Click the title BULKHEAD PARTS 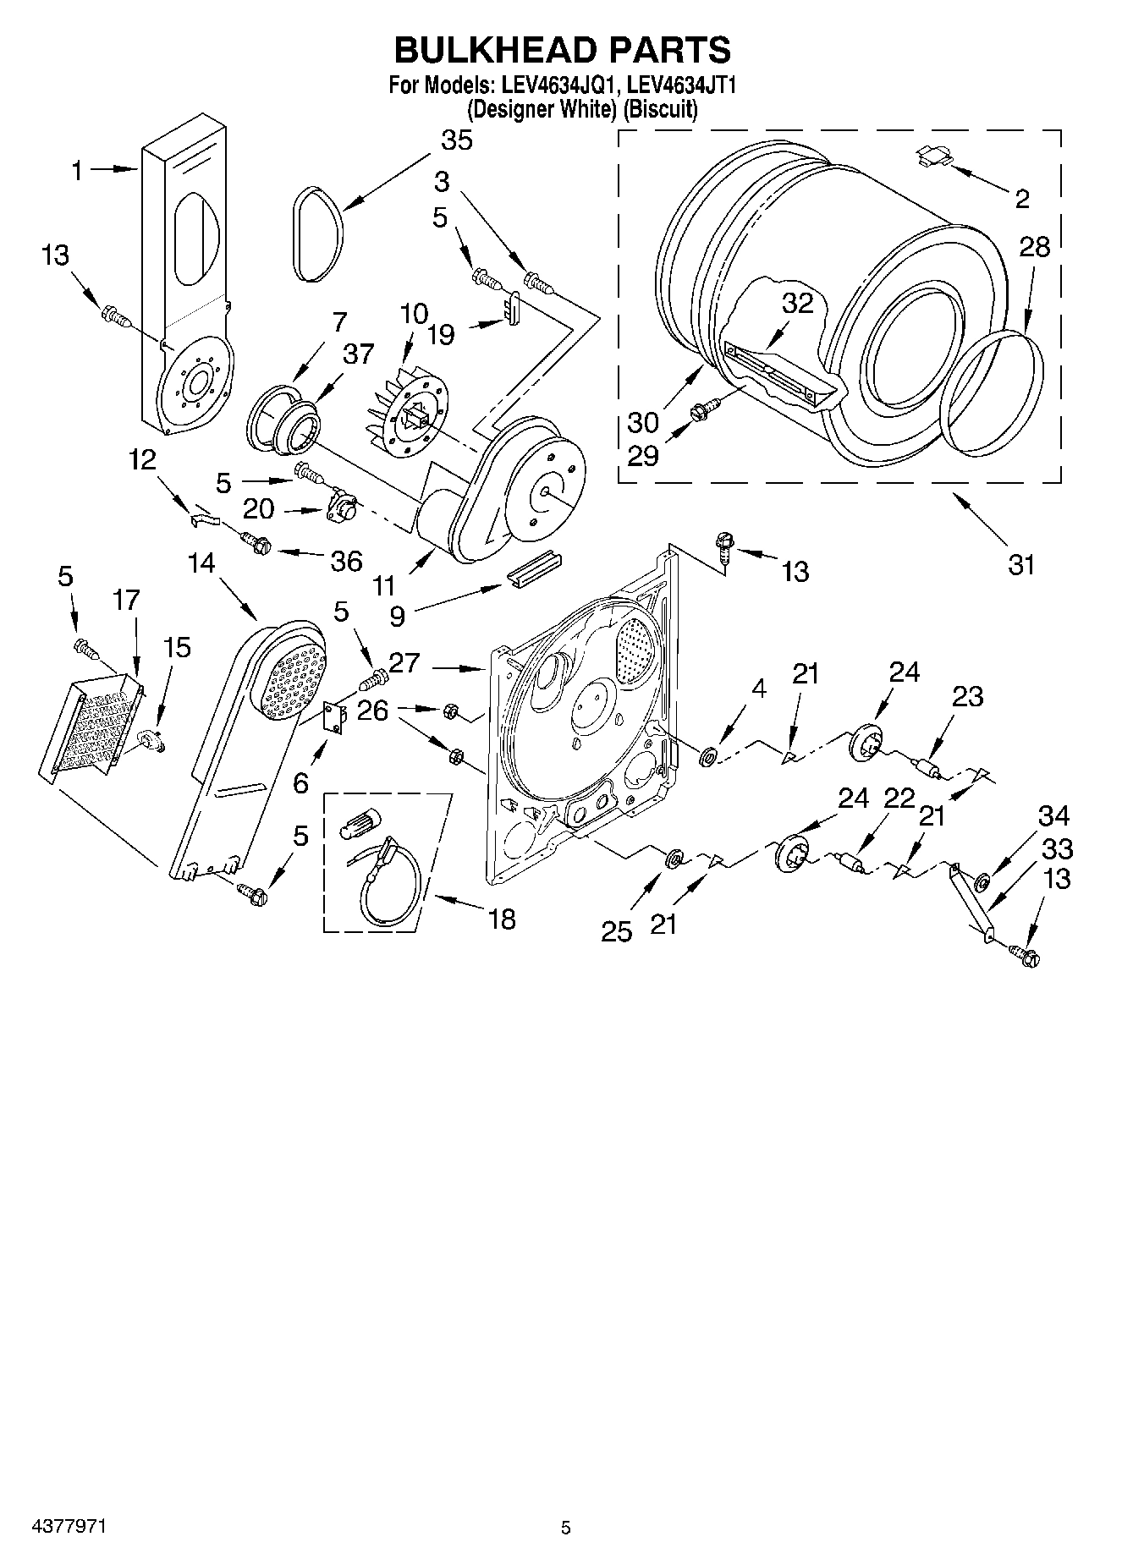tap(562, 51)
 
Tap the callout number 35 tap(457, 140)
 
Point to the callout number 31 tap(1021, 563)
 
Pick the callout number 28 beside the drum tap(1034, 247)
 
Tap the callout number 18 tap(502, 919)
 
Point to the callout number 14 tap(201, 562)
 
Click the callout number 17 tap(125, 601)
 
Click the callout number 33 tap(1057, 848)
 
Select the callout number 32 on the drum tap(797, 304)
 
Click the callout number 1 tap(77, 171)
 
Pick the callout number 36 tap(346, 561)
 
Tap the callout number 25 tap(617, 931)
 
